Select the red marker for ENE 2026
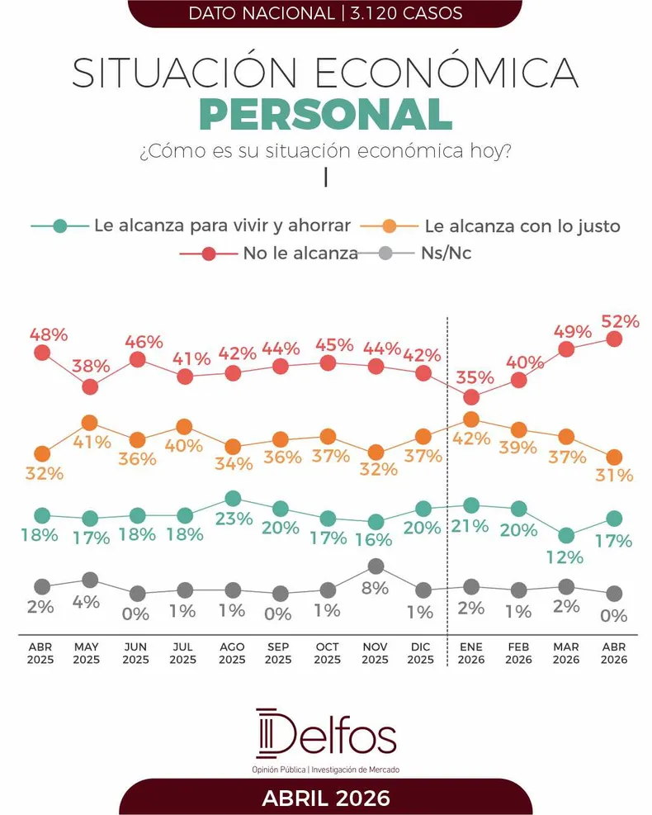point(471,397)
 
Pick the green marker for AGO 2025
point(233,498)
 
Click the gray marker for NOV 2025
point(376,566)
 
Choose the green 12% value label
point(565,557)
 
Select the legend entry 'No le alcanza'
point(300,254)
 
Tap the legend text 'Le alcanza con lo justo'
point(521,225)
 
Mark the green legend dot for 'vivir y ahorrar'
point(59,225)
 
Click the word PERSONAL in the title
point(325,115)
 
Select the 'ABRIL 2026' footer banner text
point(326,798)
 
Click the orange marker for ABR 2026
point(613,457)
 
